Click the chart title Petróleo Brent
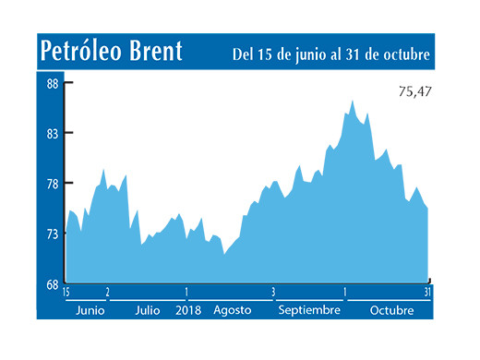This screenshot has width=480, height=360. (x=110, y=53)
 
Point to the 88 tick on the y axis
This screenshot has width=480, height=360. (x=53, y=83)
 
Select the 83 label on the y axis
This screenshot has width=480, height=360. (x=53, y=133)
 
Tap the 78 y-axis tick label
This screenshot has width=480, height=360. (x=53, y=183)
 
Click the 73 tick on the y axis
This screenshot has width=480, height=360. (x=53, y=234)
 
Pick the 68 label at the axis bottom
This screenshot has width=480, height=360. (x=53, y=283)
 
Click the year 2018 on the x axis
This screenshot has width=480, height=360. (x=188, y=310)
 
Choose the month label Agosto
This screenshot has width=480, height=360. (x=232, y=310)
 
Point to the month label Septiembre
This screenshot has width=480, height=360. (x=309, y=310)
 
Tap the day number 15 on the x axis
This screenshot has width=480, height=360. (x=66, y=293)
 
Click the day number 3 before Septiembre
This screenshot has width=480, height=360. (x=273, y=293)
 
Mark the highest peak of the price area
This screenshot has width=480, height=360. (x=353, y=101)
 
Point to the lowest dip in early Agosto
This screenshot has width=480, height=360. (x=224, y=254)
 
